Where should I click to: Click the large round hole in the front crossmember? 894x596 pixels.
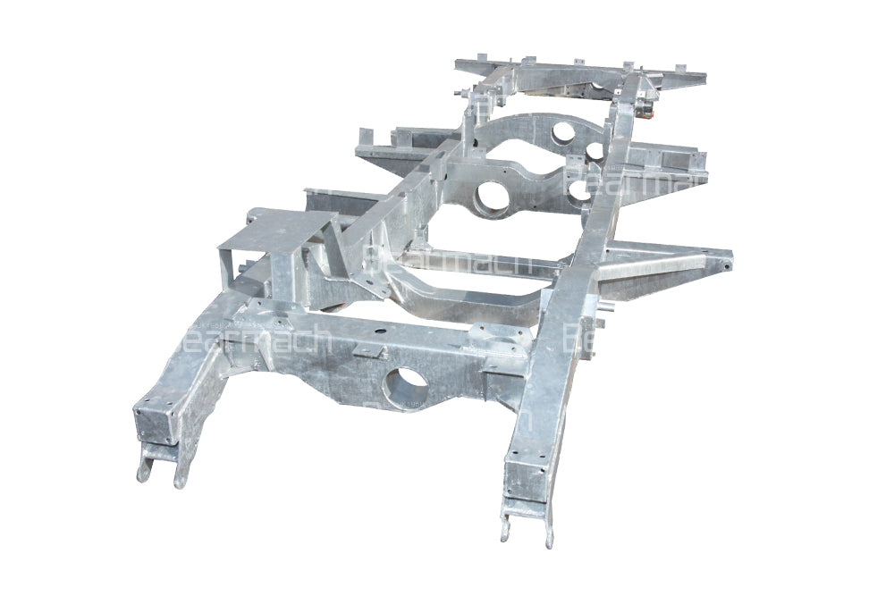(404, 387)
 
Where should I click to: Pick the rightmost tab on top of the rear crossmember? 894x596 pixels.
(681, 68)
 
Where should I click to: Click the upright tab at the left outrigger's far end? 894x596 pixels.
(365, 137)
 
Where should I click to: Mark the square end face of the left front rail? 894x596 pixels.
(155, 421)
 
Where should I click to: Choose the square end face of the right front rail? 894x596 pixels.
(526, 478)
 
